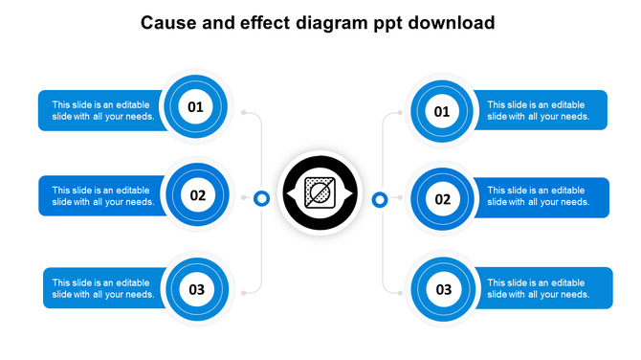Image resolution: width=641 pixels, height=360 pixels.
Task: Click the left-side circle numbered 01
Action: click(195, 107)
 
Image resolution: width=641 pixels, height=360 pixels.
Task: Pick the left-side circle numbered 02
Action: click(197, 195)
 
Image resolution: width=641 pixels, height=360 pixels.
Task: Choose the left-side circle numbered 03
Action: click(196, 288)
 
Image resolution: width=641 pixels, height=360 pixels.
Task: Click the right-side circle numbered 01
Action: click(442, 113)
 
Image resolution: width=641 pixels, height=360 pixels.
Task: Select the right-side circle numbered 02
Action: click(443, 200)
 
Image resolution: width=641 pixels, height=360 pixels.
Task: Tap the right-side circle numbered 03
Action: click(443, 289)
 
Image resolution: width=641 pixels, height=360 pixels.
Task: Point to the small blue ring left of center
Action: click(261, 198)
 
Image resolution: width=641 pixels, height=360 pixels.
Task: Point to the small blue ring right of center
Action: click(380, 199)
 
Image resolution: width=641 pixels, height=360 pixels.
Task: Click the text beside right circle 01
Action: click(538, 111)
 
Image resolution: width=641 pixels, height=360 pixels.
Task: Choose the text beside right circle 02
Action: click(538, 196)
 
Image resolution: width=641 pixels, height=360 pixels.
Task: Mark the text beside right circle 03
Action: click(538, 288)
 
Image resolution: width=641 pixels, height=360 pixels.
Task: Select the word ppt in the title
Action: click(387, 23)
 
